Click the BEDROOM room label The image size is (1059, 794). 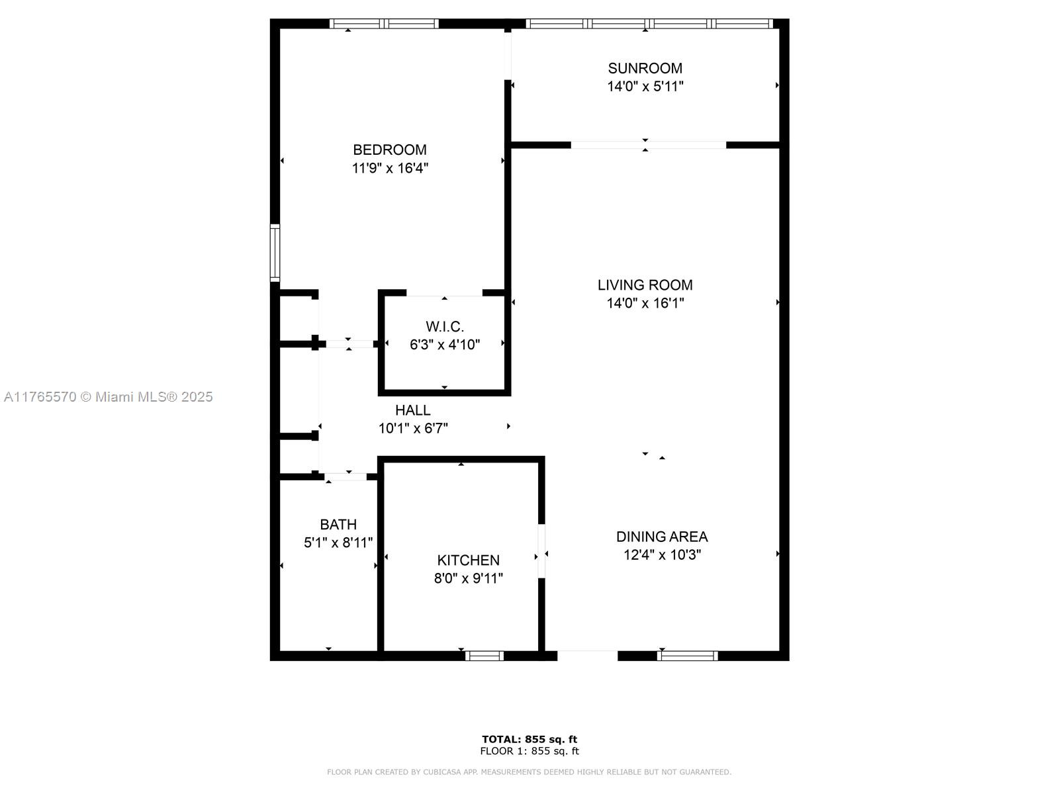point(389,150)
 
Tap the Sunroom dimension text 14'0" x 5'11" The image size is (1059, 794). point(645,86)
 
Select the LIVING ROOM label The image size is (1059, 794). point(645,285)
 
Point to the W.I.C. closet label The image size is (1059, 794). point(444,326)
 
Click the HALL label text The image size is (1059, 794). point(413,410)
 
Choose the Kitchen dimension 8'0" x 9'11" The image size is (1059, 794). point(468,578)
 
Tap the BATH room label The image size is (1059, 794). point(338,525)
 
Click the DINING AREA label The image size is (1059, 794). point(662,537)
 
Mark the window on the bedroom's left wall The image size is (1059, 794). point(275,253)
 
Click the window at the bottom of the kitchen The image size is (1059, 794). point(484,656)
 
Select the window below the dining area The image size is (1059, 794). point(687,656)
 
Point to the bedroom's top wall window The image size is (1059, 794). point(384,24)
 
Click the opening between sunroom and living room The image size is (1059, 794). point(648,145)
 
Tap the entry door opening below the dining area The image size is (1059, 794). point(587,656)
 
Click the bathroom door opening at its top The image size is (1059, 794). point(345,476)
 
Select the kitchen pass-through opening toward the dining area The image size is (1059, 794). point(541,551)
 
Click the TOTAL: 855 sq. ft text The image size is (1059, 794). point(529,739)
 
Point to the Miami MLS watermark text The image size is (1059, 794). point(109,397)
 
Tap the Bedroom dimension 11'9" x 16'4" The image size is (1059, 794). point(389,168)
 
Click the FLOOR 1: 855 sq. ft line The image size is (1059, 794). point(529,751)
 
